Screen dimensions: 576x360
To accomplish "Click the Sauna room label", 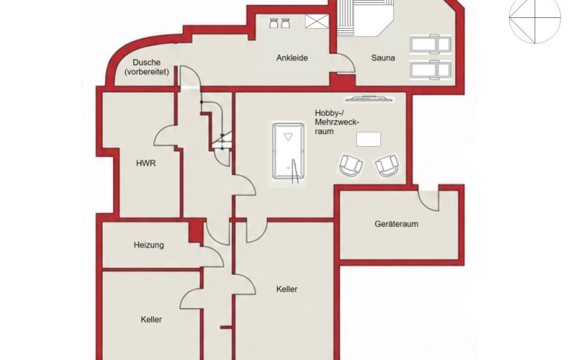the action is tap(383, 58).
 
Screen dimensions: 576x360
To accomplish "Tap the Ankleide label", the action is tap(292, 58).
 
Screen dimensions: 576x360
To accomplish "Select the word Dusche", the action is tap(147, 63).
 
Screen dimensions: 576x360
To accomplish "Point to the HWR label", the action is tap(146, 163).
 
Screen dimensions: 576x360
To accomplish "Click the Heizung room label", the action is tap(149, 245).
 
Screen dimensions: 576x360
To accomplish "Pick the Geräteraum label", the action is tap(397, 224).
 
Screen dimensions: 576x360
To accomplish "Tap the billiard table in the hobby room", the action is tap(289, 151).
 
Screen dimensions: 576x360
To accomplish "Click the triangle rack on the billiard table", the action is tap(288, 137).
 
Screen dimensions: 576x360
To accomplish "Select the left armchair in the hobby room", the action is tap(351, 165).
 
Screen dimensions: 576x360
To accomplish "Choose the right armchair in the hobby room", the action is tap(387, 166).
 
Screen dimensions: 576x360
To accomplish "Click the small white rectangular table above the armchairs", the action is tap(369, 140).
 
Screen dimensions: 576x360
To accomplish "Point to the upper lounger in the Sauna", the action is tap(431, 45).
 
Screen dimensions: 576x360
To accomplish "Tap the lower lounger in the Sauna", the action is tap(431, 69).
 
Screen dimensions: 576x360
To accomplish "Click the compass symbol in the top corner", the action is tap(534, 18).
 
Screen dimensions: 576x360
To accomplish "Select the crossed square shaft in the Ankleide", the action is tap(316, 21).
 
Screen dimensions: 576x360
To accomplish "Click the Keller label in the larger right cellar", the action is tap(287, 289).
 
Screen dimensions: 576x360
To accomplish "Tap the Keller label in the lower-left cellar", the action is tap(151, 320).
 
